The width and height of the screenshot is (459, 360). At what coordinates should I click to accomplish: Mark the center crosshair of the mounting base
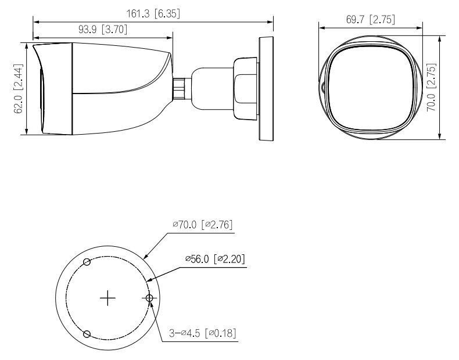click(x=107, y=298)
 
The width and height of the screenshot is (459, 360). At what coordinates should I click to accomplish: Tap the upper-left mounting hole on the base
click(x=87, y=262)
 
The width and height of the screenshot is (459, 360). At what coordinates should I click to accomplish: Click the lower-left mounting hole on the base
click(x=87, y=334)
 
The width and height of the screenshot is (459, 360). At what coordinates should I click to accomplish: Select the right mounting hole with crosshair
click(x=149, y=298)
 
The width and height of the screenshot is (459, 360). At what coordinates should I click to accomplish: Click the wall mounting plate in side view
click(x=265, y=88)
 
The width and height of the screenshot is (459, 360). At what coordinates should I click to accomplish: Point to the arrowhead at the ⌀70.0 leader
click(x=145, y=256)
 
